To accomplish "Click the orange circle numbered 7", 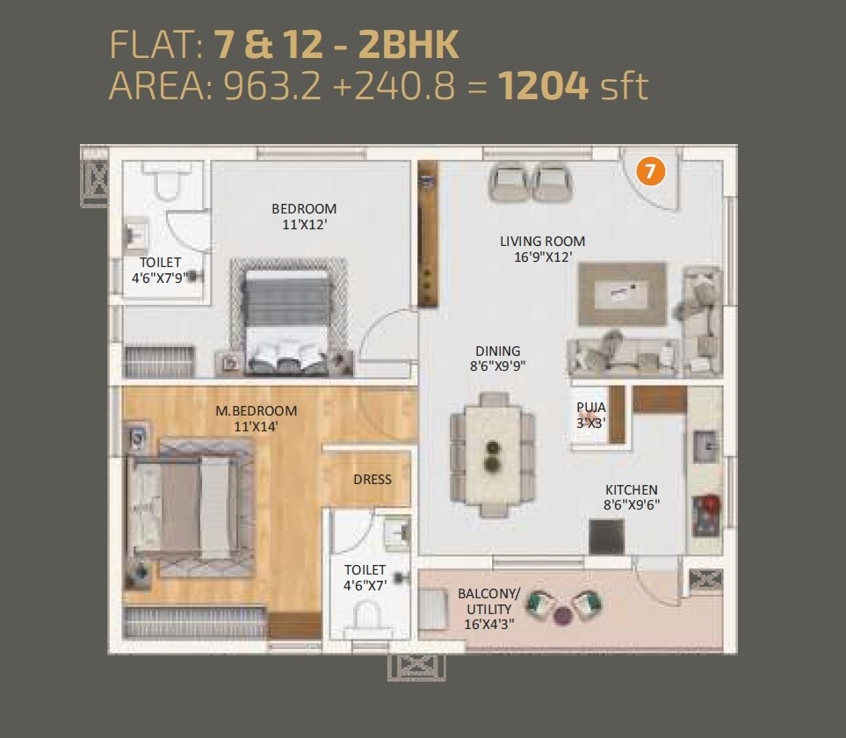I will [650, 170].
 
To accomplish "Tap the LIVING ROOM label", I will [542, 250].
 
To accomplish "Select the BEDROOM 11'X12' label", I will [304, 216].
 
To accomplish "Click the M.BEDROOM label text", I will [257, 418].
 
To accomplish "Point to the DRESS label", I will [372, 479].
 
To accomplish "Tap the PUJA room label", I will [590, 414].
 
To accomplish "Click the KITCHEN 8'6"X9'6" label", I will [631, 497].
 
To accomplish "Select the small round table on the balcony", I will [563, 615].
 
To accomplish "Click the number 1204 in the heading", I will [543, 87].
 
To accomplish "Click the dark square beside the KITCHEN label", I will [606, 536].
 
